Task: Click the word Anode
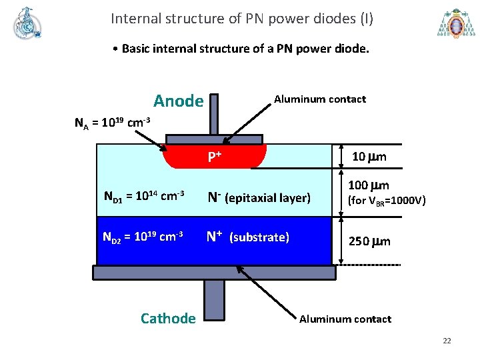(178, 101)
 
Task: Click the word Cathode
(168, 319)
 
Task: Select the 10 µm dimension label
(369, 157)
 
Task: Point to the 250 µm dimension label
(369, 241)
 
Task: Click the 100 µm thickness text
(370, 185)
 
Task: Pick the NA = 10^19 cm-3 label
(112, 123)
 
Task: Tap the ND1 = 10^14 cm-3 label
(144, 197)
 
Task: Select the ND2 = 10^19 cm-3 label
(144, 237)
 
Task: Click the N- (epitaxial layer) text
(259, 197)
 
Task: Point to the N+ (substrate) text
(247, 237)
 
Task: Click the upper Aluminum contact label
(319, 99)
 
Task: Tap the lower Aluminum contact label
(345, 319)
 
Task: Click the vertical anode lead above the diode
(213, 113)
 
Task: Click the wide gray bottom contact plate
(213, 272)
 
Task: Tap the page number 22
(447, 341)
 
